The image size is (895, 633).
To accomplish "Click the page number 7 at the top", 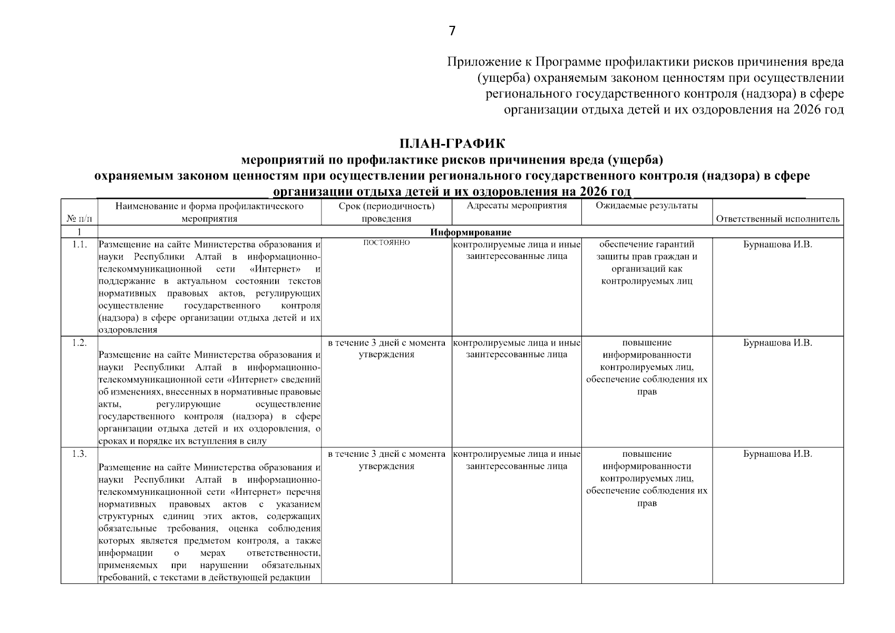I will (x=452, y=31).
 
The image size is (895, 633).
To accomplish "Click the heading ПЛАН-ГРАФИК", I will (x=452, y=143).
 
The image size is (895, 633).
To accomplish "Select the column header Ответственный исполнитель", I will (x=777, y=219).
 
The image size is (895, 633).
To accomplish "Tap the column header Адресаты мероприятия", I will (x=517, y=206).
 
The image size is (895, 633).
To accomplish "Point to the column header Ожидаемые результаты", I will (x=647, y=206).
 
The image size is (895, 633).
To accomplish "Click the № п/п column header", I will (x=79, y=219).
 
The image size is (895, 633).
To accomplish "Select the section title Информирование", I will (x=470, y=232).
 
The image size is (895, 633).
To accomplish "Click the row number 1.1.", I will (x=79, y=244).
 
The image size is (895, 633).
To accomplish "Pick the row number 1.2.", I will (x=79, y=343).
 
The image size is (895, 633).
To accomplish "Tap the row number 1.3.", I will (x=79, y=454).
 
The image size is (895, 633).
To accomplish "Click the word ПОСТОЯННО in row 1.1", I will (x=386, y=243).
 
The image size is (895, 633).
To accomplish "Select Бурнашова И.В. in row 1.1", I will (x=777, y=245).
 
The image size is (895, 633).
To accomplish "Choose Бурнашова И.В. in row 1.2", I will (x=777, y=343).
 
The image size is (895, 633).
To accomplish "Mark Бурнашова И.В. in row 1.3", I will (x=777, y=454).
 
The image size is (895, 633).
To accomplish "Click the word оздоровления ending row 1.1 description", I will (x=128, y=330).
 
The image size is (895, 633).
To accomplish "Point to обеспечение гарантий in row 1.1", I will (x=647, y=244).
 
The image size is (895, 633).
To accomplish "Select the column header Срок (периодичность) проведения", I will (x=386, y=212).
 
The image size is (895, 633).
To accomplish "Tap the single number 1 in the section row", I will (x=79, y=232).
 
